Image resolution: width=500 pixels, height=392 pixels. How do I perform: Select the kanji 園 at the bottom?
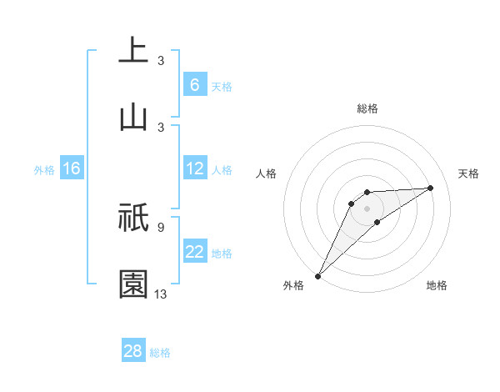[133, 284]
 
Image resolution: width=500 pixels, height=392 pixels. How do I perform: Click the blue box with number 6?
[194, 85]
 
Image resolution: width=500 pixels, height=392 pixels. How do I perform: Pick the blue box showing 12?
[195, 168]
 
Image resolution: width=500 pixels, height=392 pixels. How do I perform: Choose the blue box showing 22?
[195, 252]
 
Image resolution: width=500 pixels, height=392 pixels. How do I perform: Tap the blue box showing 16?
[71, 169]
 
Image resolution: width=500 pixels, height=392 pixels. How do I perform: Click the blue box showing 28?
[133, 351]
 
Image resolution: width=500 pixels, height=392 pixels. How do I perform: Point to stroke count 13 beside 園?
[161, 293]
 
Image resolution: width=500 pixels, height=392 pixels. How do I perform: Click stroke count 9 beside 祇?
[160, 226]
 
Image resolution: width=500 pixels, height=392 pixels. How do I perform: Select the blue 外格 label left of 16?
[44, 170]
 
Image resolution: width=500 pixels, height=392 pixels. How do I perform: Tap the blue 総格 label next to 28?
[160, 352]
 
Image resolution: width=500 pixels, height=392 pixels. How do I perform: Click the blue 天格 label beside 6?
[222, 86]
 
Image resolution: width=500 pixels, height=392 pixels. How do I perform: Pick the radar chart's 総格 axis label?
[367, 108]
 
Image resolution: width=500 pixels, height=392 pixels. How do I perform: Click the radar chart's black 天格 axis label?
[469, 173]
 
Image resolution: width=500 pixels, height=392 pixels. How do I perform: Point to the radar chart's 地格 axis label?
[437, 285]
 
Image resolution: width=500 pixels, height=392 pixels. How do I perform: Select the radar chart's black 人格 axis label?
[267, 173]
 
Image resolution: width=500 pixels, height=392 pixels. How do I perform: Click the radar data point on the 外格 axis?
[317, 276]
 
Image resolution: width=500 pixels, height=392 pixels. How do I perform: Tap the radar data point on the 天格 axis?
[431, 188]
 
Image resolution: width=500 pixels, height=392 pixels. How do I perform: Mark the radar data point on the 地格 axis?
[377, 222]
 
